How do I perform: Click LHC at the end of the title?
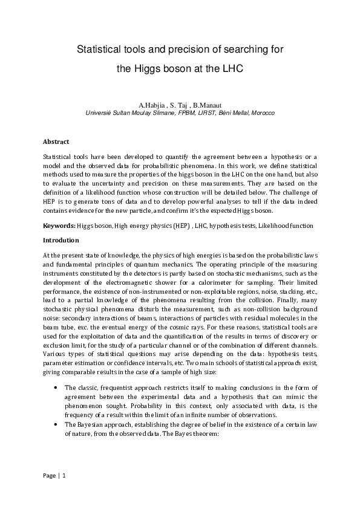click(232, 69)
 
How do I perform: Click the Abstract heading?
click(56, 141)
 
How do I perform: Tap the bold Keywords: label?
click(59, 225)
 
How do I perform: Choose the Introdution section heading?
click(61, 239)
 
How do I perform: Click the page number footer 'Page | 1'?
click(53, 476)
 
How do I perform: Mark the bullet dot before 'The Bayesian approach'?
click(56, 425)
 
